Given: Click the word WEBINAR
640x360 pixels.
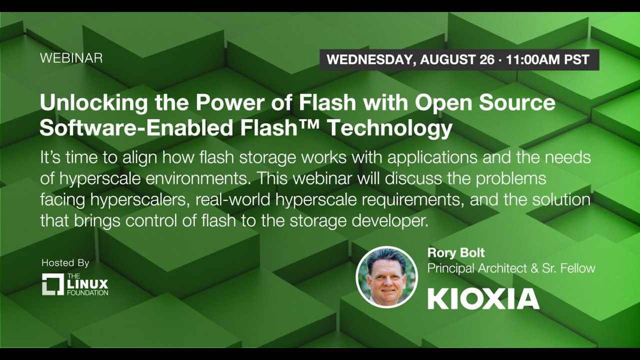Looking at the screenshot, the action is click(x=71, y=58).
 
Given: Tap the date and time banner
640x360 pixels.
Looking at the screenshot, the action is click(x=459, y=59).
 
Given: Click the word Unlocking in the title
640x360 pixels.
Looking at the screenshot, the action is click(x=93, y=102).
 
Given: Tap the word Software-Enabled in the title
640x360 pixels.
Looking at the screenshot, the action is click(x=136, y=127).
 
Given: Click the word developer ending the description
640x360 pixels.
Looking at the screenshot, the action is click(x=390, y=221).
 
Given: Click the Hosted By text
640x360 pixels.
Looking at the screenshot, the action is click(x=65, y=263).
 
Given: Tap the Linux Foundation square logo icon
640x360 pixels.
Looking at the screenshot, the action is click(x=53, y=284).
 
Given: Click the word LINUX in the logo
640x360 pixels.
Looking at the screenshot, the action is click(x=87, y=284).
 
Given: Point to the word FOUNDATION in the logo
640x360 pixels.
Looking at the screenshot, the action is click(x=87, y=293).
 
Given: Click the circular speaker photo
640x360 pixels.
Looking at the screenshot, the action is click(x=386, y=277).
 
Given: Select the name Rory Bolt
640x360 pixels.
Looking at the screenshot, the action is click(x=456, y=253).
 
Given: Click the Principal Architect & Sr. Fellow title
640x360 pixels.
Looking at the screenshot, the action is click(x=511, y=268).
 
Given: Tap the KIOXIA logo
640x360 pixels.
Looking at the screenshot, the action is click(x=483, y=298).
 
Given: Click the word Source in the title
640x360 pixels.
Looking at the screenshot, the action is click(x=517, y=102).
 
